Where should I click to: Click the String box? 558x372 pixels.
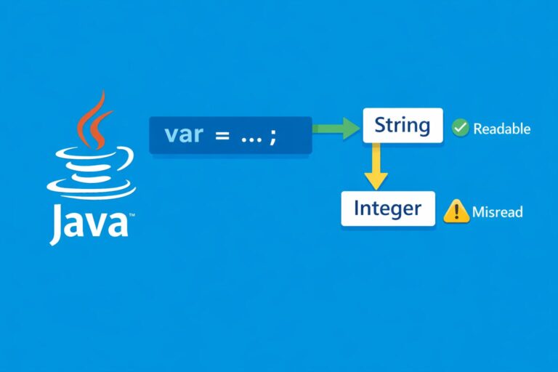(x=402, y=125)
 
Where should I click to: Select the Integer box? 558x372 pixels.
(x=387, y=209)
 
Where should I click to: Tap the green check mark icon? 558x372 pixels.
(x=460, y=129)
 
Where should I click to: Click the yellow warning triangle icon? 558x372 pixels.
(x=456, y=211)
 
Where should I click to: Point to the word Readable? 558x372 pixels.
(x=501, y=129)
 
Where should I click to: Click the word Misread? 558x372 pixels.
(x=497, y=212)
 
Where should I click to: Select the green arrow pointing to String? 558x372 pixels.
(x=337, y=129)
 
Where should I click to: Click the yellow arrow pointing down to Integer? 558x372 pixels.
(x=375, y=166)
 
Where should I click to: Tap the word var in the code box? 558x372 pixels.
(x=182, y=134)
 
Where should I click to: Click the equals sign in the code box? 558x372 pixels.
(x=217, y=135)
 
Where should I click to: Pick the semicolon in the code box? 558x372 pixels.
(x=272, y=137)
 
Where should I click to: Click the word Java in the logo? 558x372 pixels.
(x=88, y=224)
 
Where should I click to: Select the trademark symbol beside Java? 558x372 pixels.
(x=132, y=216)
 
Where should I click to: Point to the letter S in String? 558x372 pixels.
(x=381, y=125)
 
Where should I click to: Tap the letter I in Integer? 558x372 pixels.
(x=357, y=209)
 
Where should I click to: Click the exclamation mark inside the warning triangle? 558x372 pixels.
(x=456, y=212)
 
